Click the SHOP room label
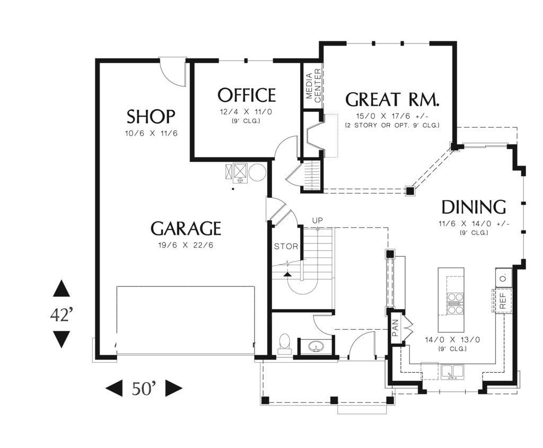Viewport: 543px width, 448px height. pos(151,117)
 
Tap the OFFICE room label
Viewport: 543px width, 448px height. pos(247,95)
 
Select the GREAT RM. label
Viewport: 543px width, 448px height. pos(392,99)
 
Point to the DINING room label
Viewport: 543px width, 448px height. pos(474,207)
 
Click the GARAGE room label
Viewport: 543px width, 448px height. pos(186,229)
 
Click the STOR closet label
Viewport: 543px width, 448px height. pos(286,247)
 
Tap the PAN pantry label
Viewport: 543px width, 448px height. pos(396,328)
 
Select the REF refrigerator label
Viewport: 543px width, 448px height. pos(503,301)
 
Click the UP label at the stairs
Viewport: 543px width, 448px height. pos(317,221)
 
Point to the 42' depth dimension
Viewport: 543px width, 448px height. pos(62,315)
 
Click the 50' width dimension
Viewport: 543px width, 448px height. pos(144,389)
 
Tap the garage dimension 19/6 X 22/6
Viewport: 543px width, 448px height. pos(186,245)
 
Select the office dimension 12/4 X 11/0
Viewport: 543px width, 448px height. pos(246,112)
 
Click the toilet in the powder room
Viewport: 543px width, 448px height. pos(285,344)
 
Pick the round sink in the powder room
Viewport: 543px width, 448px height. pos(317,346)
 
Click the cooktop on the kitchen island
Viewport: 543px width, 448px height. pos(456,303)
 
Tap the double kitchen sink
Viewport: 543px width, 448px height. pos(452,372)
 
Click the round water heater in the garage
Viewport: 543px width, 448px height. pos(258,172)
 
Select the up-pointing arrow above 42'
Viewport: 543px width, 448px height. pos(62,288)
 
